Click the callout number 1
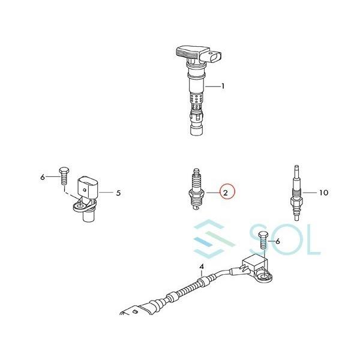click(223, 86)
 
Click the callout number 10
click(323, 193)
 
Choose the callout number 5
click(118, 193)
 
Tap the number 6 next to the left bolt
click(43, 177)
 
